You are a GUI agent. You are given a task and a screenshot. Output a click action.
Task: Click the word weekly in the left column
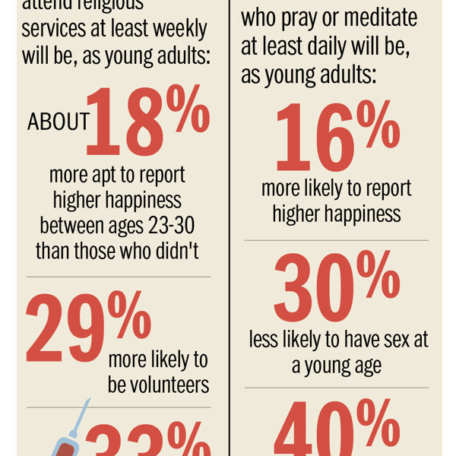pos(172,30)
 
